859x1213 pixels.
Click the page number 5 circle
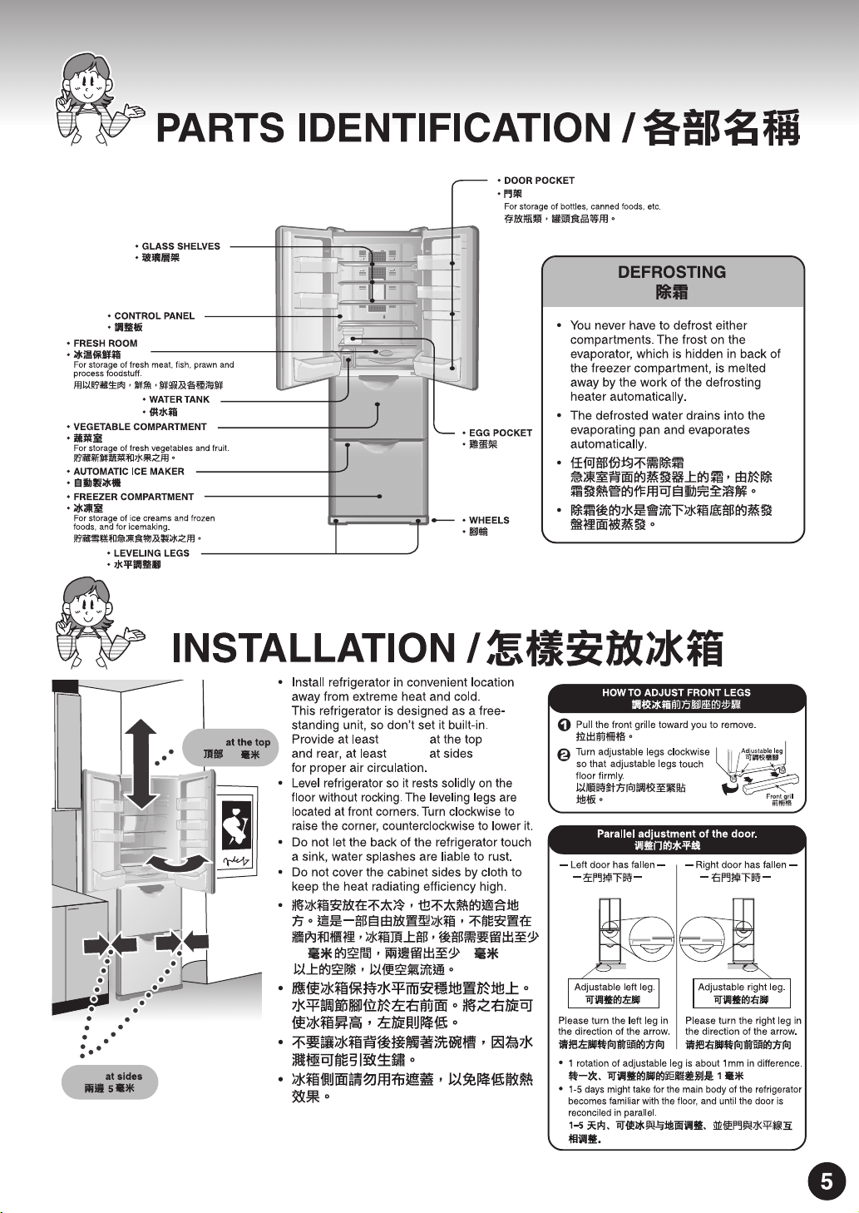pos(826,1181)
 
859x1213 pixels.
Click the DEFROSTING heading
pos(672,272)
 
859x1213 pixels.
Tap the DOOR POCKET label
pos(539,181)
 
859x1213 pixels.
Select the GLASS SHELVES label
pos(180,246)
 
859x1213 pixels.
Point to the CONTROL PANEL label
pos(154,316)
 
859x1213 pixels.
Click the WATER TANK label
pos(179,399)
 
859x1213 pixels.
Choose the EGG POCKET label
pos(500,433)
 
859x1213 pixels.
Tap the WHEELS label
pos(489,520)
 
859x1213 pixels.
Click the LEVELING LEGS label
pos(151,553)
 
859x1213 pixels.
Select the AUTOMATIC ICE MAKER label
pos(129,472)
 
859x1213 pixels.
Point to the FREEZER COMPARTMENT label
pos(133,497)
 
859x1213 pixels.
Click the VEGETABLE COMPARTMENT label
pos(140,427)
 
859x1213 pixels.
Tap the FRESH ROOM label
pos(106,344)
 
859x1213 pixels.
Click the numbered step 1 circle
pos(563,725)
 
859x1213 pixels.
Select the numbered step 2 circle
pos(563,754)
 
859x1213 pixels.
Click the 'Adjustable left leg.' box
pos(614,993)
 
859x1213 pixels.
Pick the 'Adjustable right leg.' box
pos(741,993)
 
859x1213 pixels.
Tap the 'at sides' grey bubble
pos(110,1082)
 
